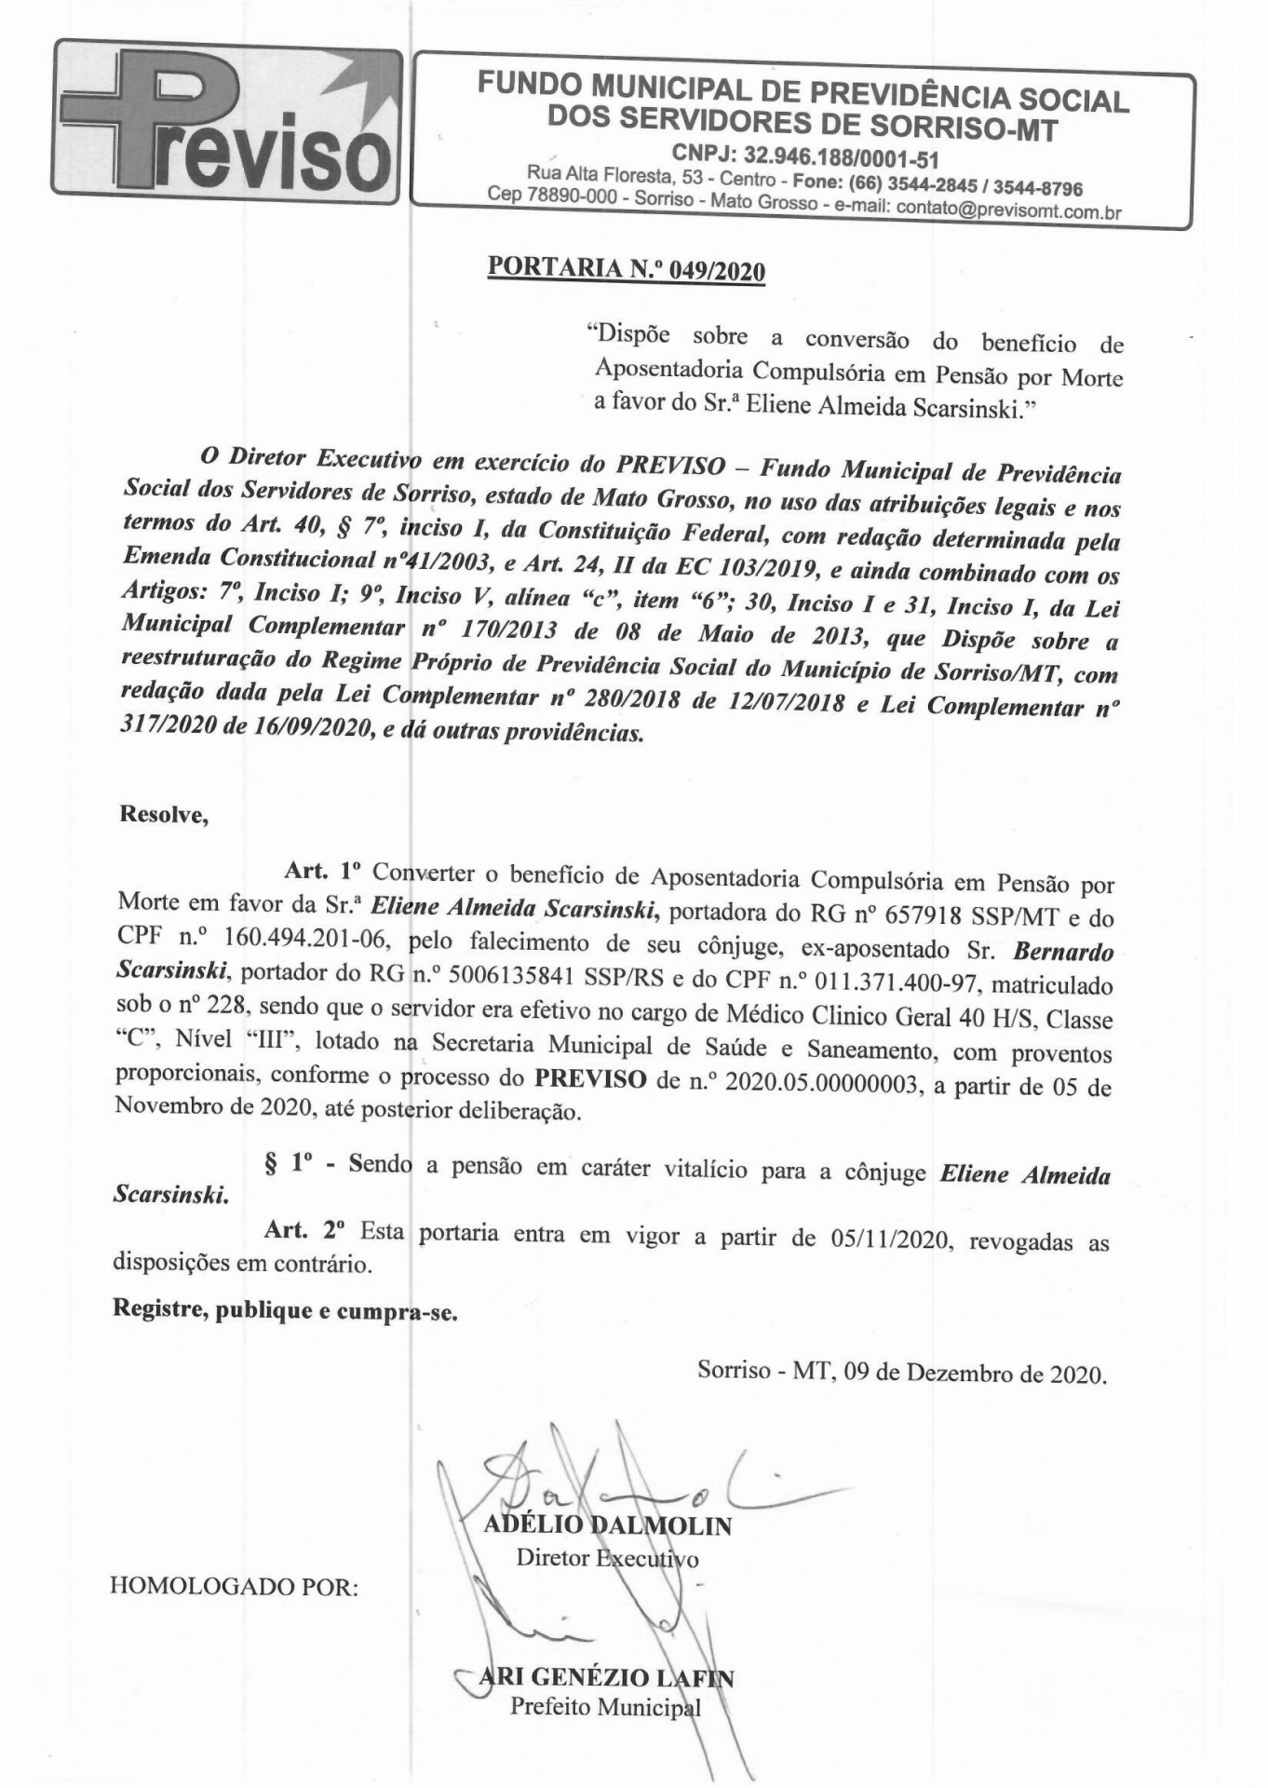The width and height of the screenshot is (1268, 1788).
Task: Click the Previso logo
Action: coord(226,122)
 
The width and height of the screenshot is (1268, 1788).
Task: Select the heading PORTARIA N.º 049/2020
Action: coord(627,270)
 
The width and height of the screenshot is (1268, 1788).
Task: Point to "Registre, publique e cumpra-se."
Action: coord(285,1310)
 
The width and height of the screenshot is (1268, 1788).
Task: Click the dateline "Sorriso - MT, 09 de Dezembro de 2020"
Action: coord(901,1373)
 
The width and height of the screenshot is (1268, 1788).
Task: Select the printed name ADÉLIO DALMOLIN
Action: coord(607,1525)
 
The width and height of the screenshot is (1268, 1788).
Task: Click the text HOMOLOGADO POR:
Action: coord(235,1587)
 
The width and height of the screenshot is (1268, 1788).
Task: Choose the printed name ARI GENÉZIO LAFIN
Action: coord(606,1678)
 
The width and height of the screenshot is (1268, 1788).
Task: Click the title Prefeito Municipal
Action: coord(606,1707)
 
